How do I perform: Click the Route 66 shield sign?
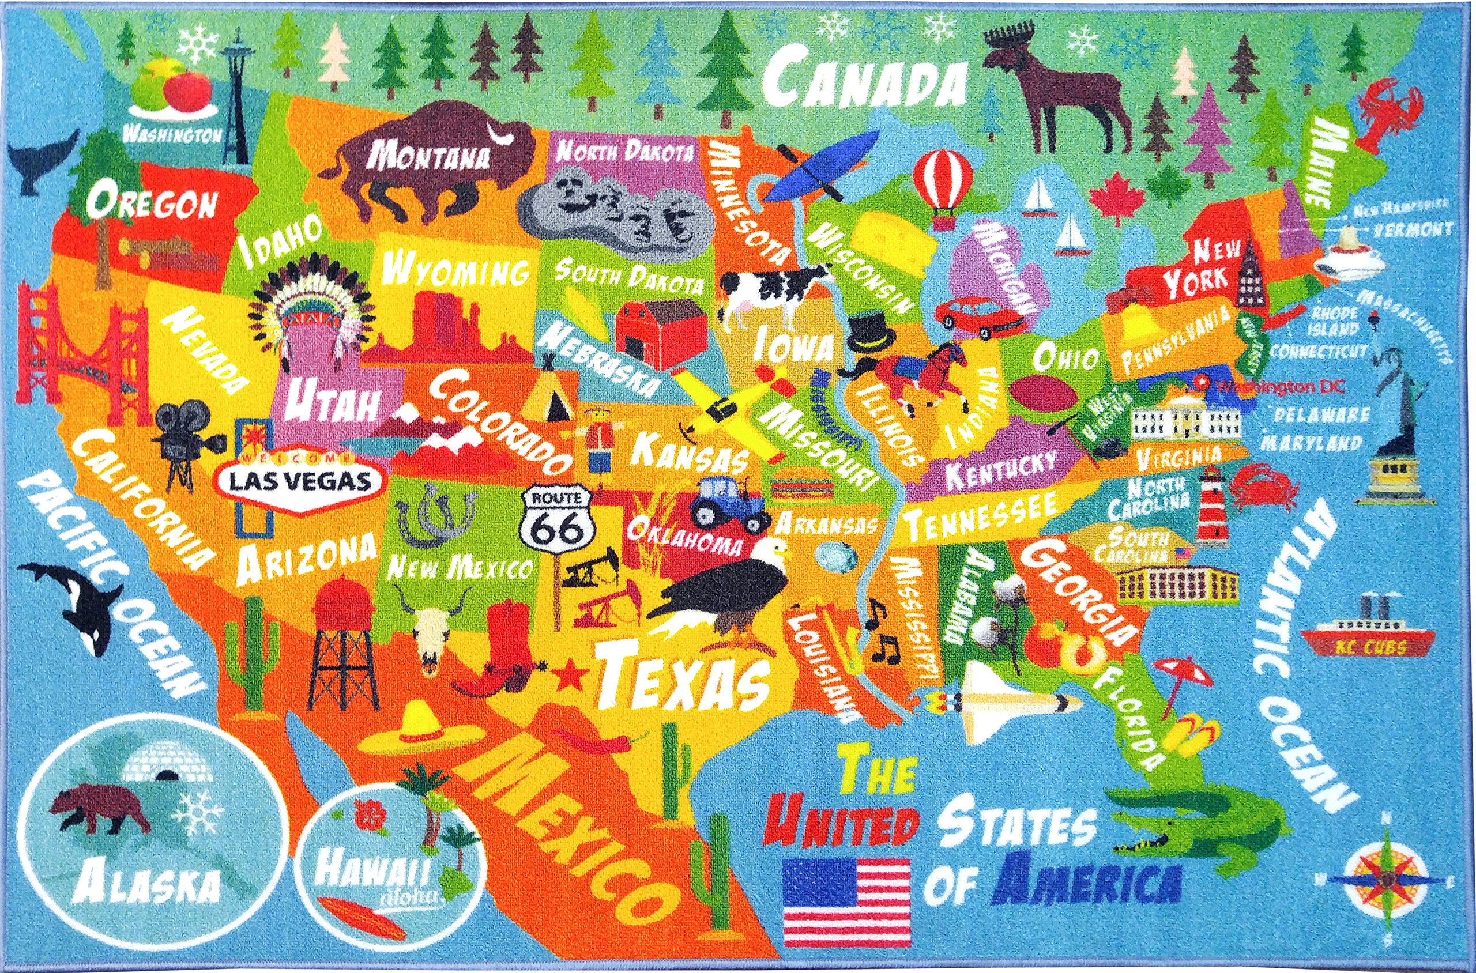pyautogui.click(x=556, y=525)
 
